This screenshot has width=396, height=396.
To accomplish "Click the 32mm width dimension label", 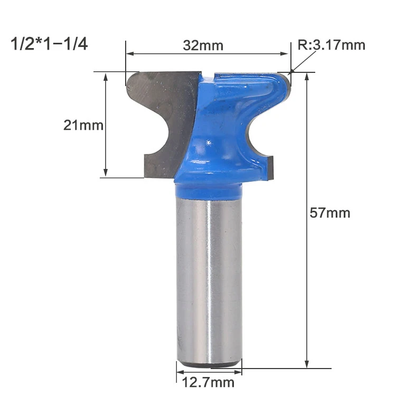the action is pos(203,46).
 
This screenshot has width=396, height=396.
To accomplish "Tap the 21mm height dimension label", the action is pos(83,125).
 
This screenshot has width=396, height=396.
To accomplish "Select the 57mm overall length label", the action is pos(330,213).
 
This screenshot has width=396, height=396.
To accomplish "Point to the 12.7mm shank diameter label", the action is pos(208,382).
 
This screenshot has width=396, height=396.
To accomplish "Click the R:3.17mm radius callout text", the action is pos(332,45).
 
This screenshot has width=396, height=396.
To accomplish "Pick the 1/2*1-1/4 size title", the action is pos(49,44).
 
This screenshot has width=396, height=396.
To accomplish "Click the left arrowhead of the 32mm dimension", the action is pos(129,53).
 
